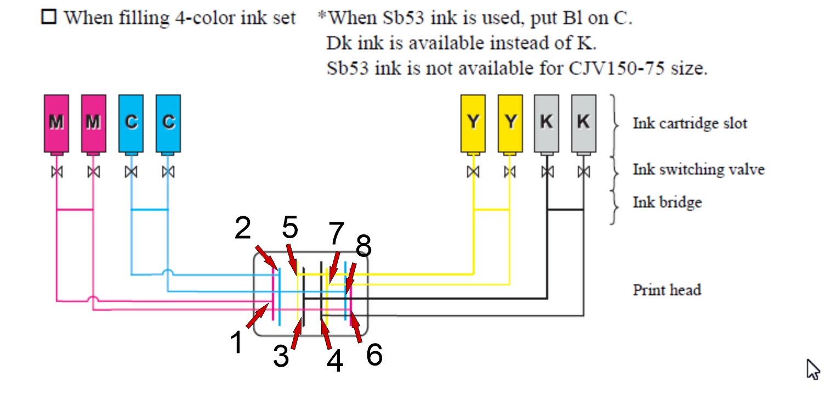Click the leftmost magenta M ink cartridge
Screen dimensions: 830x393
click(56, 123)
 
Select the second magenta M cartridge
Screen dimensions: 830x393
click(94, 123)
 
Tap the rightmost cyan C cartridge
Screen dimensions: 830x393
click(168, 123)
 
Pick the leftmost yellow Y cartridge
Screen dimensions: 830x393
click(473, 123)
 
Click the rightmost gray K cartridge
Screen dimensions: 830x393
click(584, 123)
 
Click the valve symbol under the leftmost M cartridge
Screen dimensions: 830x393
click(56, 172)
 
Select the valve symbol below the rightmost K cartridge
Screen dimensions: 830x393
click(584, 172)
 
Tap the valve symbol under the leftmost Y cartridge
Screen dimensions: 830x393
click(473, 172)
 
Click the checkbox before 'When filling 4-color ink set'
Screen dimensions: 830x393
click(49, 17)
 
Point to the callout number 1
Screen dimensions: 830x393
click(236, 342)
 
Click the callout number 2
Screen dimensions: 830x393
click(243, 227)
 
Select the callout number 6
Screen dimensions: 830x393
click(374, 355)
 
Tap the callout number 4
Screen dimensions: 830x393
click(335, 361)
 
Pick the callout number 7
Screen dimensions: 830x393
click(337, 233)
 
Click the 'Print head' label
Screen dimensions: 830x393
click(667, 290)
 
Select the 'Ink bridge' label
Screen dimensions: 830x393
click(667, 203)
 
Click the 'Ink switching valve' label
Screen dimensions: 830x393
click(699, 170)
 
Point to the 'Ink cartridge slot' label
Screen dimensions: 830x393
click(690, 123)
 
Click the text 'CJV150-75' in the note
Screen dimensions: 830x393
click(617, 68)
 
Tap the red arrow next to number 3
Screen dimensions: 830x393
click(297, 333)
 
